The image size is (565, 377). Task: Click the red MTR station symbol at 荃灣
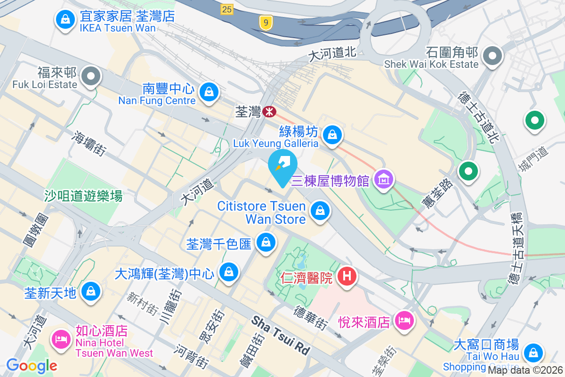click(x=270, y=112)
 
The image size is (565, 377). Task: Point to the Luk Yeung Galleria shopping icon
click(x=333, y=134)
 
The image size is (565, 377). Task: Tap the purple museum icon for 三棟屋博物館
click(x=384, y=179)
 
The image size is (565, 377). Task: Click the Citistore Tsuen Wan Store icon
click(x=320, y=210)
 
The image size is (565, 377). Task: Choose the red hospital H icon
click(x=347, y=275)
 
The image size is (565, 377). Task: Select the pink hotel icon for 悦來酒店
click(x=404, y=321)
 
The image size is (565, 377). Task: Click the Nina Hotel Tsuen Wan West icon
click(x=62, y=338)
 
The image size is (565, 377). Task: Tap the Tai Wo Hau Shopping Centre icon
click(x=533, y=352)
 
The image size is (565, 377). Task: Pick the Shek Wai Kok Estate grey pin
click(x=492, y=57)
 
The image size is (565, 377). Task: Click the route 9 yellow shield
click(x=266, y=22)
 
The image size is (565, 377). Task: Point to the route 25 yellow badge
click(x=227, y=8)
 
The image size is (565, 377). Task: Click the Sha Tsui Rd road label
click(x=281, y=336)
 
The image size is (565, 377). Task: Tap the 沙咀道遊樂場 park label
click(x=83, y=196)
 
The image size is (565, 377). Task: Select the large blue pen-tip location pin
click(x=282, y=166)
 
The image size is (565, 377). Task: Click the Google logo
click(x=32, y=365)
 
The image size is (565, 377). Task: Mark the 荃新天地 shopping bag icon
click(x=90, y=292)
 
